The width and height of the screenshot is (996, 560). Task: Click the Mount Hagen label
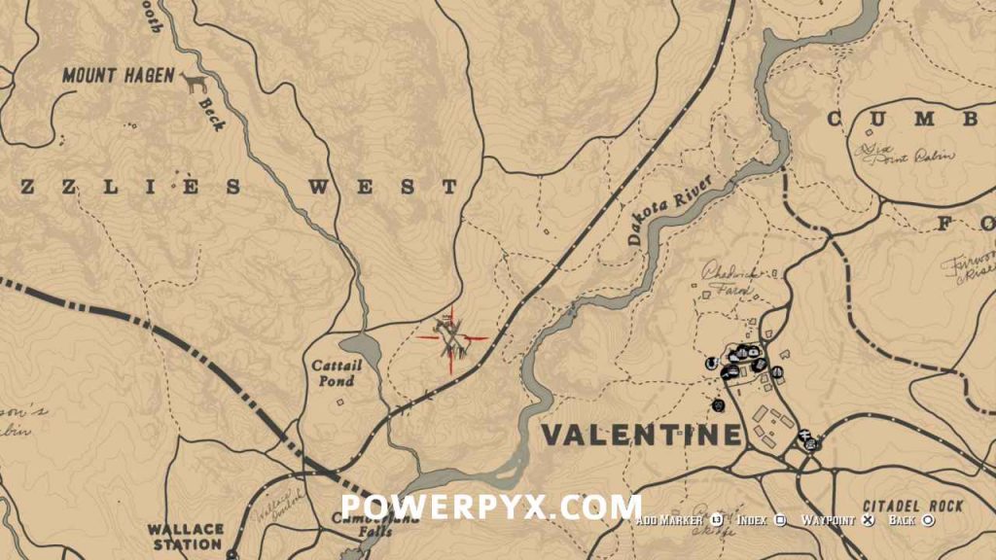pyautogui.click(x=119, y=76)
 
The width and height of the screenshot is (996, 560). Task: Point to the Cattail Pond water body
pyautogui.click(x=362, y=347)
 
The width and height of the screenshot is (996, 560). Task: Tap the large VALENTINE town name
pyautogui.click(x=640, y=435)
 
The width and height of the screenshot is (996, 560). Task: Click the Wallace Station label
pyautogui.click(x=186, y=537)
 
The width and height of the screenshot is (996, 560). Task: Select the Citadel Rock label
pyautogui.click(x=912, y=507)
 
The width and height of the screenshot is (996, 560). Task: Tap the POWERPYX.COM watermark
pyautogui.click(x=491, y=507)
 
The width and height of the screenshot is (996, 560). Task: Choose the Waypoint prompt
pyautogui.click(x=829, y=520)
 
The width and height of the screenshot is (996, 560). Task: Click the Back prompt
pyautogui.click(x=903, y=520)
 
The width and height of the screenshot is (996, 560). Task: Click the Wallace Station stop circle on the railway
pyautogui.click(x=232, y=554)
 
